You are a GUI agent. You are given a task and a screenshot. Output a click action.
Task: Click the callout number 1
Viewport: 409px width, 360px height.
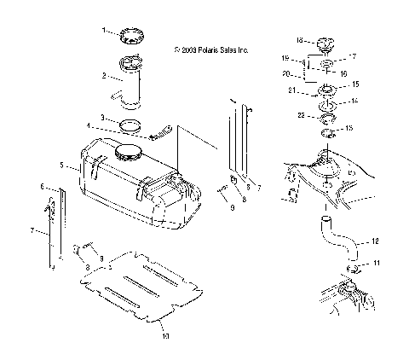(x=105, y=30)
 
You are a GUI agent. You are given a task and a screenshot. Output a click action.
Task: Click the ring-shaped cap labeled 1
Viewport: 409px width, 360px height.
(x=132, y=35)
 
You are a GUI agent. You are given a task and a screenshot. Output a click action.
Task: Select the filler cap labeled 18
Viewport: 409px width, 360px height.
(x=327, y=44)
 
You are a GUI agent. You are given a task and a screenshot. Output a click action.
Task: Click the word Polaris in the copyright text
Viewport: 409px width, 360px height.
(x=209, y=49)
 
